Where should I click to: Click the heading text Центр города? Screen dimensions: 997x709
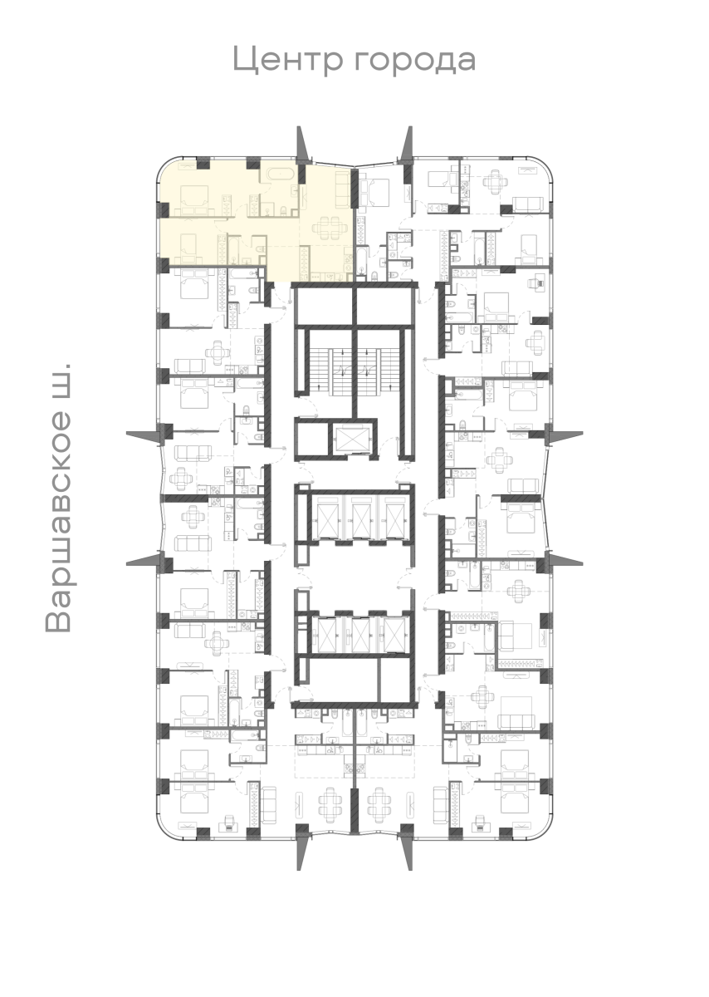pyautogui.click(x=354, y=60)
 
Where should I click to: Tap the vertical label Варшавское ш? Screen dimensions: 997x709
pyautogui.click(x=59, y=497)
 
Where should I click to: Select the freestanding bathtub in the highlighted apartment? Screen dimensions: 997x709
pyautogui.click(x=276, y=174)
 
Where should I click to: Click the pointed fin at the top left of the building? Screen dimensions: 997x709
pyautogui.click(x=302, y=145)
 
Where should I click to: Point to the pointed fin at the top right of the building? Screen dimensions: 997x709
pyautogui.click(x=407, y=145)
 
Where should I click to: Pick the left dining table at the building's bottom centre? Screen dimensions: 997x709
pyautogui.click(x=330, y=802)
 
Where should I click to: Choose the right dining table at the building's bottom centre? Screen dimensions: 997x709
pyautogui.click(x=379, y=802)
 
